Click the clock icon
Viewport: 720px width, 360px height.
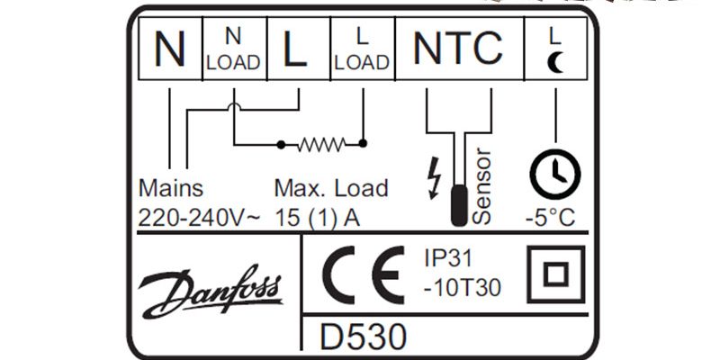click(x=554, y=173)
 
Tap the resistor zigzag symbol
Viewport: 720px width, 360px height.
click(x=322, y=143)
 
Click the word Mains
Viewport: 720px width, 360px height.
click(x=171, y=189)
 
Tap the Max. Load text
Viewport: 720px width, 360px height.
click(x=331, y=189)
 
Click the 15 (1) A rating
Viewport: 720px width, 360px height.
click(x=316, y=217)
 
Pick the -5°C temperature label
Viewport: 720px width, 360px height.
click(x=549, y=217)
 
